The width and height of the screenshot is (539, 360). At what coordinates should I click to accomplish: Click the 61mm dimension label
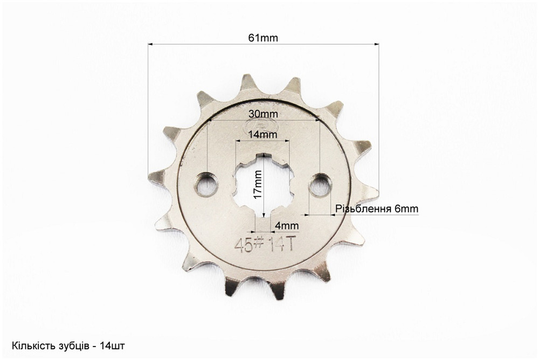[x=263, y=38]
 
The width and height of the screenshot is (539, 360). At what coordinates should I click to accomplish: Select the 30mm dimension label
[x=264, y=114]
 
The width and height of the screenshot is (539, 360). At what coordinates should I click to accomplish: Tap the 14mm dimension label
[x=262, y=134]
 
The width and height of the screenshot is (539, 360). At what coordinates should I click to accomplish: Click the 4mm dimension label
[x=287, y=226]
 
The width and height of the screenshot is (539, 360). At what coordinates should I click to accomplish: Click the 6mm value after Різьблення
[x=406, y=209]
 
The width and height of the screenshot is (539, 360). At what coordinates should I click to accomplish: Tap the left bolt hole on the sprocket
[x=206, y=185]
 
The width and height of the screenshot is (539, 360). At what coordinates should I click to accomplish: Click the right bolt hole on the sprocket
[x=320, y=185]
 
